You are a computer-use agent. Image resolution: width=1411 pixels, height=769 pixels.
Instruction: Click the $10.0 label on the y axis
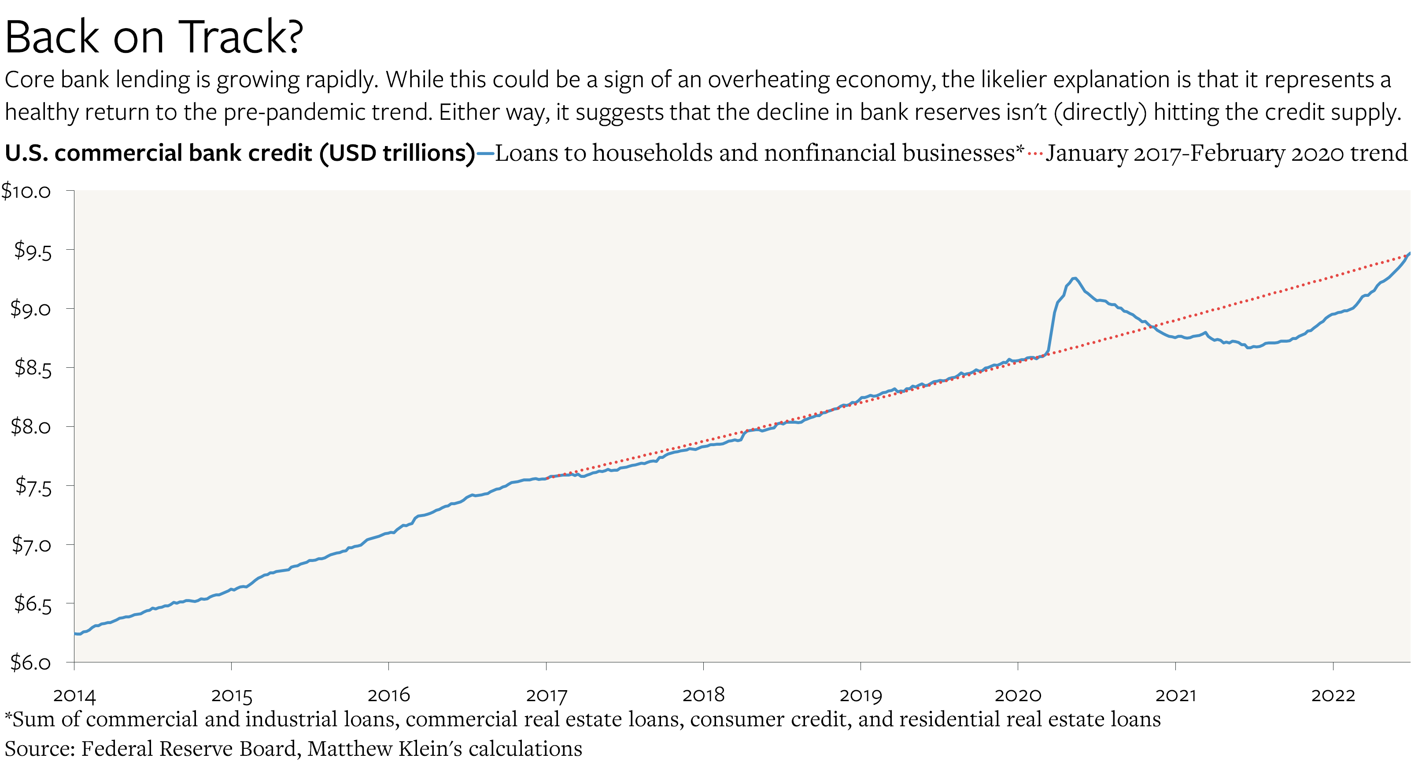pyautogui.click(x=26, y=191)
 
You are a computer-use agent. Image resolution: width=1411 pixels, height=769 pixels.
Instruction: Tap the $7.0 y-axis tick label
pyautogui.click(x=32, y=545)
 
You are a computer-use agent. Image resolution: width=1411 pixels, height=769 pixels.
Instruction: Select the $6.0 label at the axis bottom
pyautogui.click(x=31, y=663)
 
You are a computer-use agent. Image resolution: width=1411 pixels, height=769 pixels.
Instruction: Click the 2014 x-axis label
pyautogui.click(x=74, y=695)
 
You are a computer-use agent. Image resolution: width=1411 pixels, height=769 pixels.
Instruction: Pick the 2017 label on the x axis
pyautogui.click(x=546, y=695)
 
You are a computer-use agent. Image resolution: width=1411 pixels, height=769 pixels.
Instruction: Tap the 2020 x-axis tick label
pyautogui.click(x=1018, y=695)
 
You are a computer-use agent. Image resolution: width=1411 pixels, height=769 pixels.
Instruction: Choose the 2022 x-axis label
pyautogui.click(x=1333, y=695)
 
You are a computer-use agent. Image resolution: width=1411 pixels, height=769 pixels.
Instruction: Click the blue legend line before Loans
pyautogui.click(x=485, y=154)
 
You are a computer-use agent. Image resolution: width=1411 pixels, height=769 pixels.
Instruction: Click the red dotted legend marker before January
pyautogui.click(x=1035, y=154)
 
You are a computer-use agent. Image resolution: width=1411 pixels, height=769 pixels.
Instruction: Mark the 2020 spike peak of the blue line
pyautogui.click(x=1074, y=278)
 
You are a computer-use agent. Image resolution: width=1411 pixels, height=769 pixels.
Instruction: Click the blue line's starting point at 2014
pyautogui.click(x=75, y=634)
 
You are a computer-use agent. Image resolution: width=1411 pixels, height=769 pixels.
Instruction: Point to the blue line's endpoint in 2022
pyautogui.click(x=1409, y=254)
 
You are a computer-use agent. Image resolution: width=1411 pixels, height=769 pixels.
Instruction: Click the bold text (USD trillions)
pyautogui.click(x=397, y=153)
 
